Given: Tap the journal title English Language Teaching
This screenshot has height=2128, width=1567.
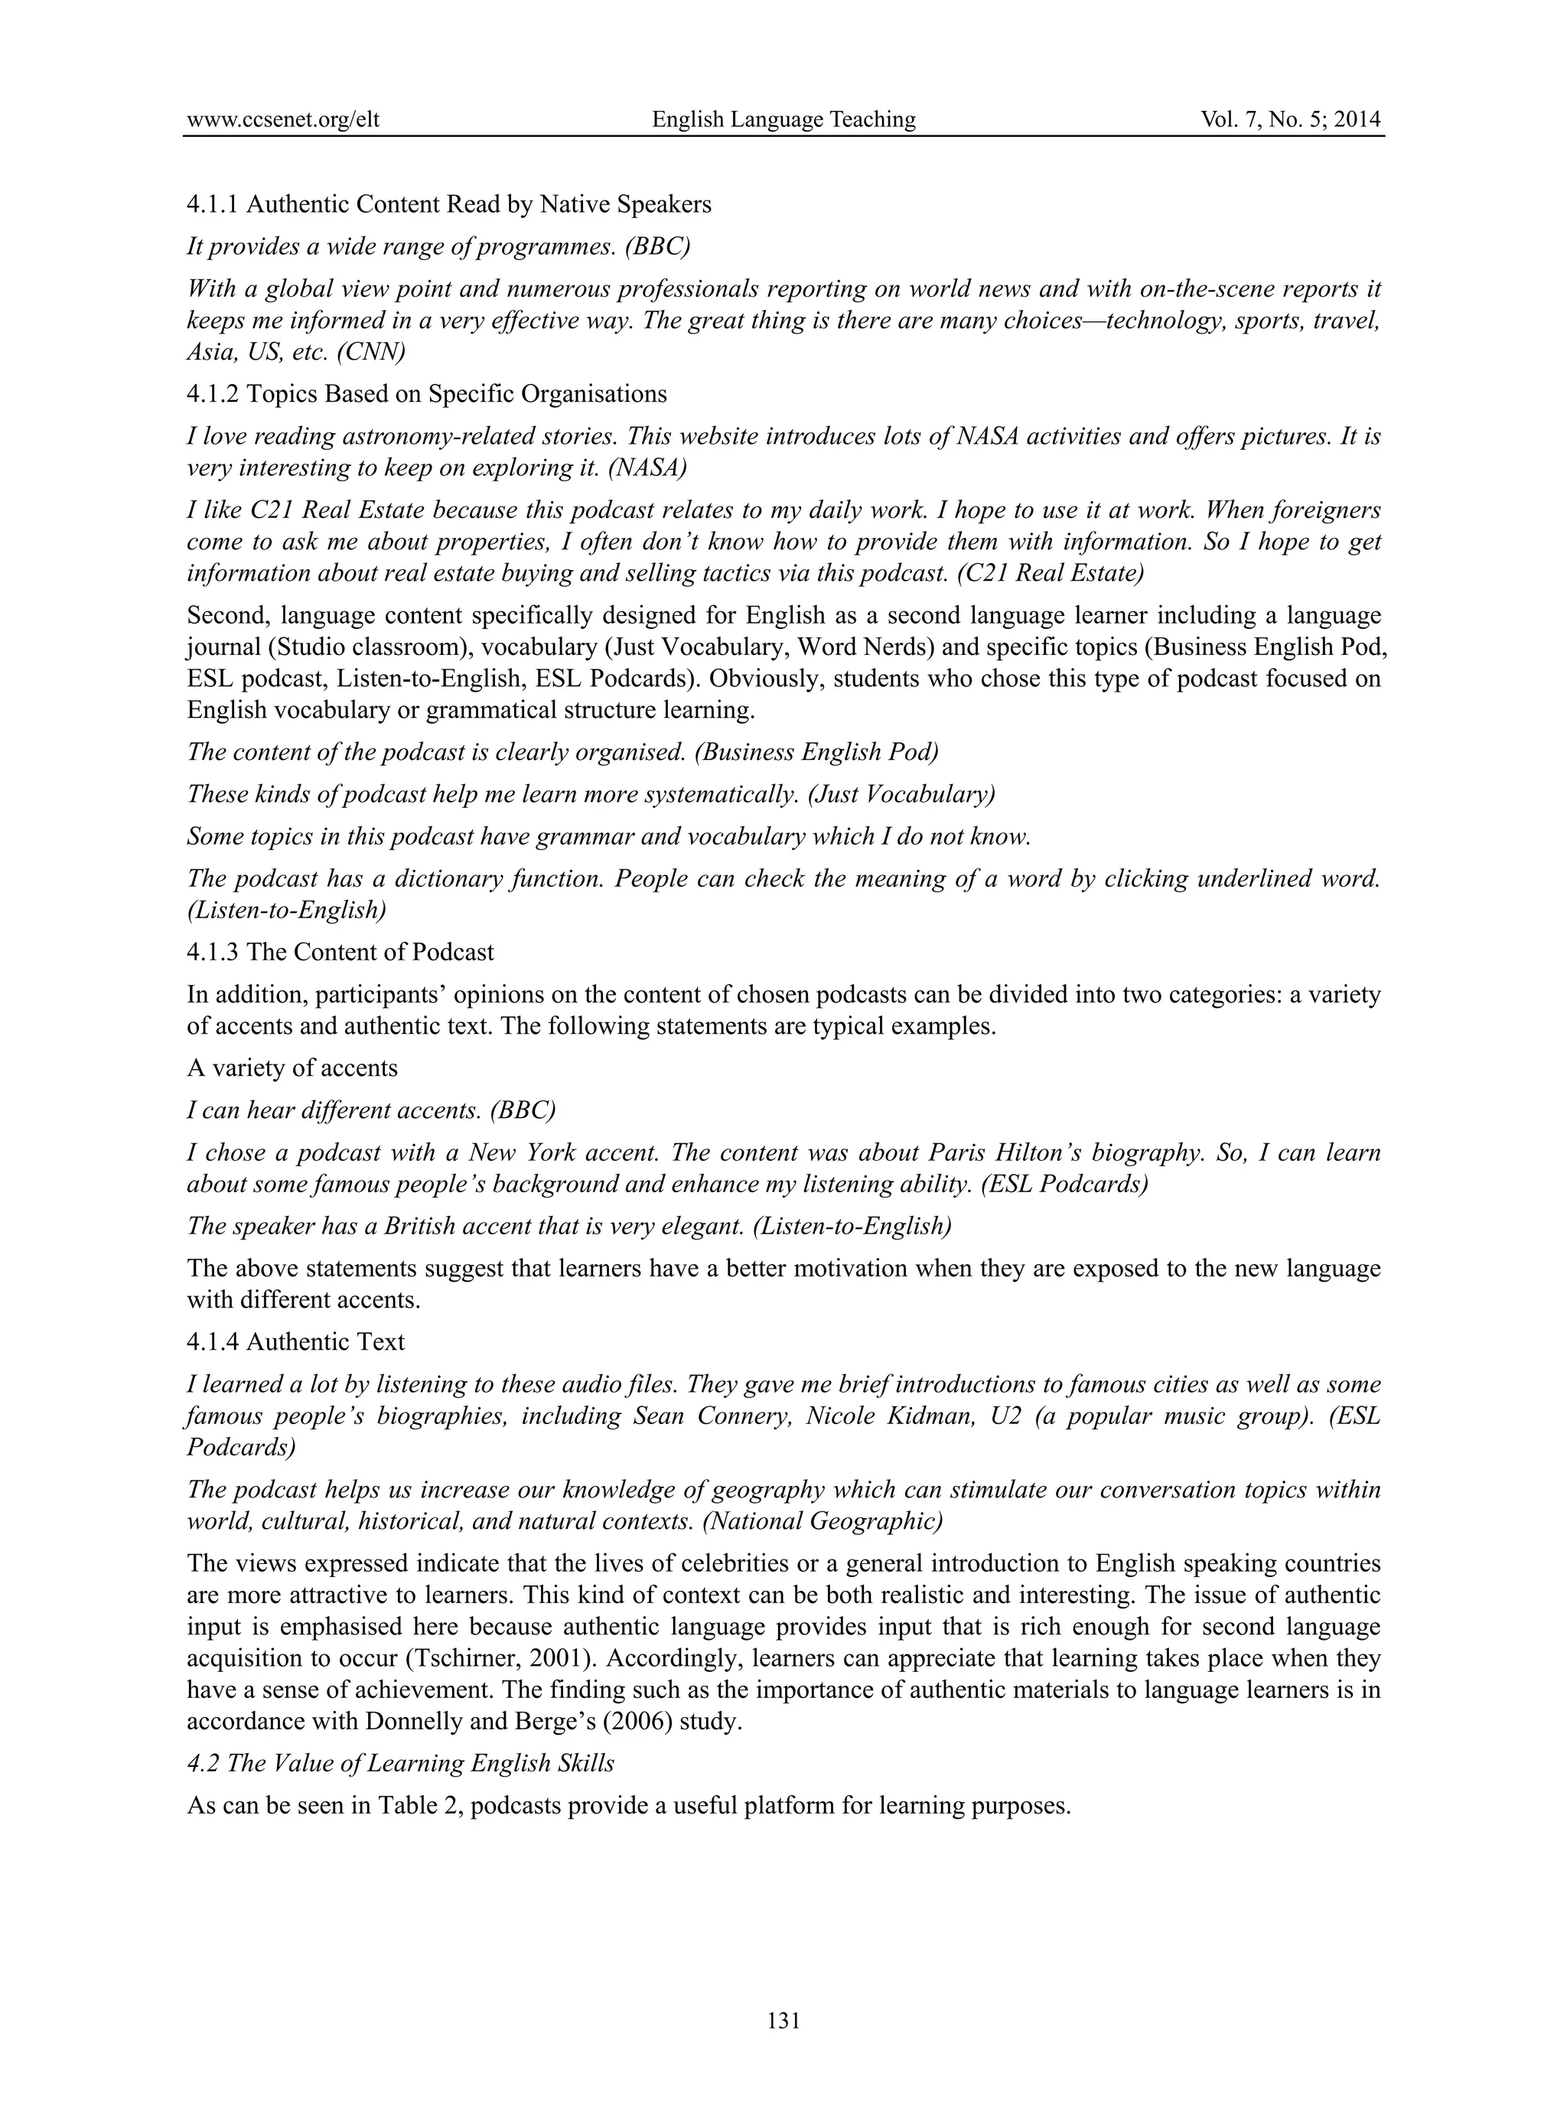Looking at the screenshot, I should coord(783,119).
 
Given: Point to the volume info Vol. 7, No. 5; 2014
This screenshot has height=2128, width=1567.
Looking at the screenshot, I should coord(1290,119).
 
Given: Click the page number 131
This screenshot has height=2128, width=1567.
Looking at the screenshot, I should coord(783,2021).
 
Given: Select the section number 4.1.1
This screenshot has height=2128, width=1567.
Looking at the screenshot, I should coord(213,204).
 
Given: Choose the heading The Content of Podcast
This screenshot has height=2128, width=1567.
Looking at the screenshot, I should coord(370,952).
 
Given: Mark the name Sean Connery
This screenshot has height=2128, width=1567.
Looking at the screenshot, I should coord(712,1416).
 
